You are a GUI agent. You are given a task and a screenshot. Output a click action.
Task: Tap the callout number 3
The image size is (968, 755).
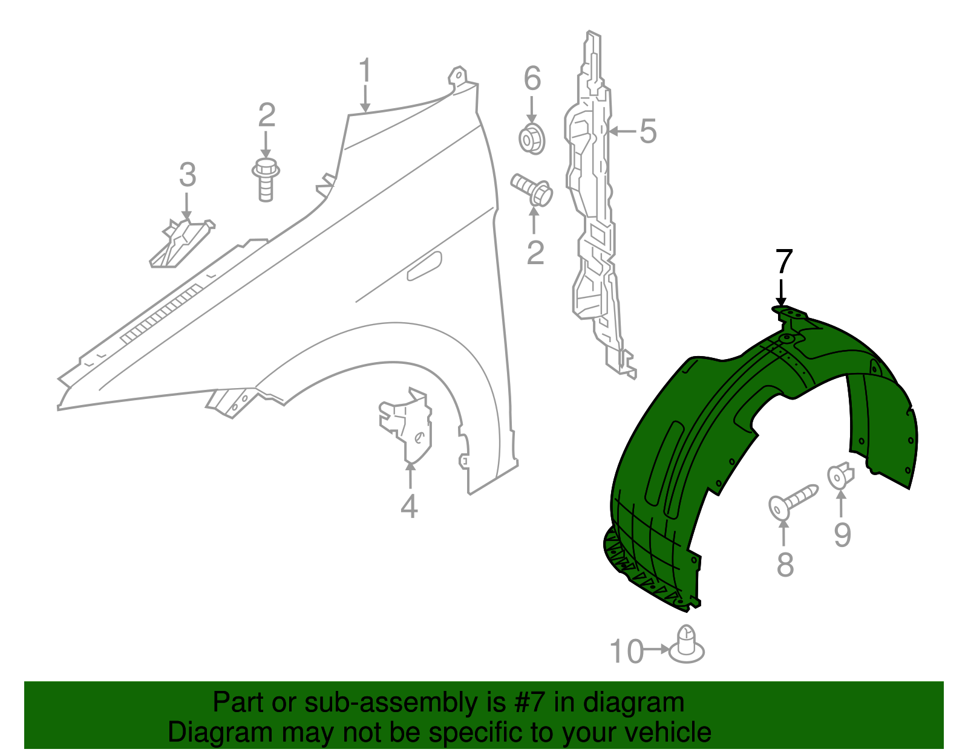click(x=188, y=175)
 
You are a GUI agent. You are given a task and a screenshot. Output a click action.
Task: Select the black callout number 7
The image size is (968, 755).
click(x=783, y=262)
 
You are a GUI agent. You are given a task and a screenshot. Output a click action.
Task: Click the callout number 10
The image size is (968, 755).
click(x=626, y=652)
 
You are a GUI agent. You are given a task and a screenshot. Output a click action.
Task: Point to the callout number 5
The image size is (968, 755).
click(x=648, y=131)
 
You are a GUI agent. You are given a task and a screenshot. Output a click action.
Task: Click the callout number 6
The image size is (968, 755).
click(x=532, y=79)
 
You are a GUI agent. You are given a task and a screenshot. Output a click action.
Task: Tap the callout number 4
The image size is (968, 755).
click(x=410, y=506)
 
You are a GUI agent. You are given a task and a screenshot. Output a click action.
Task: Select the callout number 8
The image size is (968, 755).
click(x=785, y=566)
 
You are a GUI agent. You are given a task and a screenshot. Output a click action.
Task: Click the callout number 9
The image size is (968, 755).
click(x=842, y=534)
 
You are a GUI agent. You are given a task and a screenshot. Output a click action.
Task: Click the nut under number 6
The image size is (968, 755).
click(x=532, y=139)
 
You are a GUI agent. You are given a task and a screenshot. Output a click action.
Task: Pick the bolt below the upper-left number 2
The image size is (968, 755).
click(x=265, y=178)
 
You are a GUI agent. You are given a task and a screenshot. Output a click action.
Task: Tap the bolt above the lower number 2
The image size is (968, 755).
click(x=532, y=189)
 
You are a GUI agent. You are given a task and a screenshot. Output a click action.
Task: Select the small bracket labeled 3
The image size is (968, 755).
click(x=181, y=242)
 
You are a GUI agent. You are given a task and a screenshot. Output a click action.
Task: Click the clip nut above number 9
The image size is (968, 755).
click(x=840, y=476)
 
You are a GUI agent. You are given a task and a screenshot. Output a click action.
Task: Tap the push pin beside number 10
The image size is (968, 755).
click(x=687, y=646)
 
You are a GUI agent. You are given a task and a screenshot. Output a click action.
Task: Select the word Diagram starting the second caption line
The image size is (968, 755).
click(x=202, y=732)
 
